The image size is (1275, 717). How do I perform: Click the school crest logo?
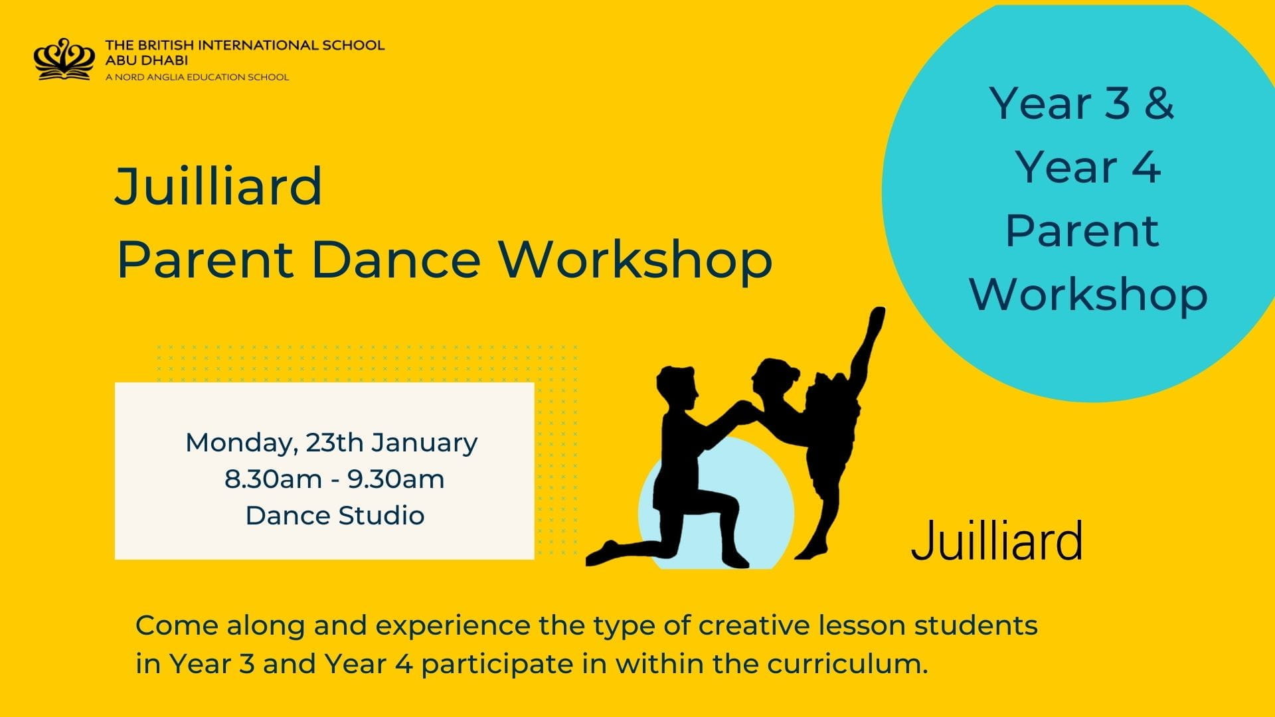[62, 60]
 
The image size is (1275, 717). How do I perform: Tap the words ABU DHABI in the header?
[146, 60]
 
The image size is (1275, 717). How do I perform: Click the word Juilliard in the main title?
[219, 187]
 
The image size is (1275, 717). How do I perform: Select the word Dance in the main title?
[395, 260]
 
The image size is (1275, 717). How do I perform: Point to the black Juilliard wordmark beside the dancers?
[996, 541]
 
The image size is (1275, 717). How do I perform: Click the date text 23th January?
[391, 442]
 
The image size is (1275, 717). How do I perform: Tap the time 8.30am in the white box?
[273, 479]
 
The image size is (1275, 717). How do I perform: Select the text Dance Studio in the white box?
[335, 515]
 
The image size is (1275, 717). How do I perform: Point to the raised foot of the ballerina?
[877, 315]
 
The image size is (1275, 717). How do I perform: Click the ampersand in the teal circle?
[1159, 104]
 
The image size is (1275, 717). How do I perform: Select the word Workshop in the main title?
[636, 260]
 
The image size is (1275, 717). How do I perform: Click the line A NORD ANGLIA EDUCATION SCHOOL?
[197, 77]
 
